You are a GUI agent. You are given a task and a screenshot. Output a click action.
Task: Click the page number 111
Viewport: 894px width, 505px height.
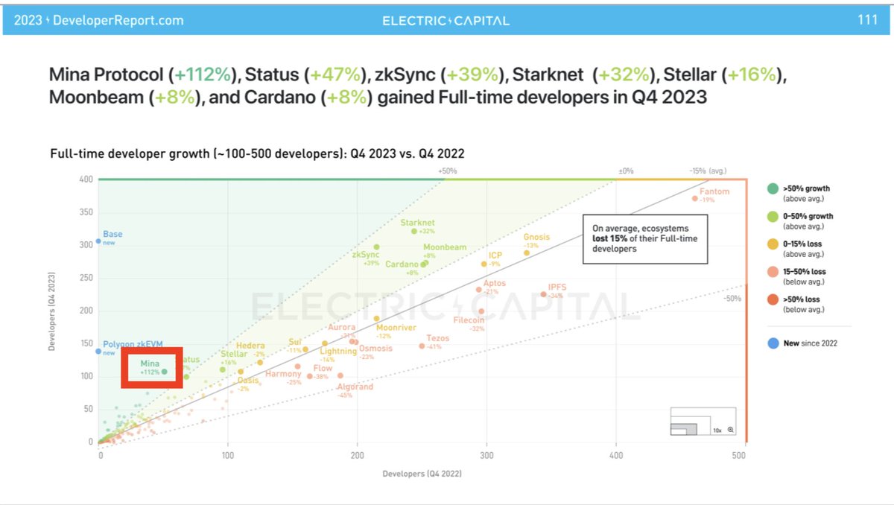point(867,20)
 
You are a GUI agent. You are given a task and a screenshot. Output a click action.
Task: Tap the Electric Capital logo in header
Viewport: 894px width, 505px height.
point(446,20)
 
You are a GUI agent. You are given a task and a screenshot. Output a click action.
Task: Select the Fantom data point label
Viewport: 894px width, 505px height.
point(714,191)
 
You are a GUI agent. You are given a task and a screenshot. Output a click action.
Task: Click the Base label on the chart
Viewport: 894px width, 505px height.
point(112,234)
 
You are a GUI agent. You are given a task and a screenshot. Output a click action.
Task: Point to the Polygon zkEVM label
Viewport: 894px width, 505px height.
point(133,344)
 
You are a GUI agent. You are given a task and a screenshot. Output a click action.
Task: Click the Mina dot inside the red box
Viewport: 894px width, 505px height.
point(165,371)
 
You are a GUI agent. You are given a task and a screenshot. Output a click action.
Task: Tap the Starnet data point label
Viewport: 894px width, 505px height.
point(417,223)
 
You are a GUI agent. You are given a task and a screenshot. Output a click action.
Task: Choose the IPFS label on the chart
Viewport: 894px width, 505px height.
point(557,287)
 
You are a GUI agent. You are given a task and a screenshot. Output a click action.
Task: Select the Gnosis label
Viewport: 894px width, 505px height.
point(536,237)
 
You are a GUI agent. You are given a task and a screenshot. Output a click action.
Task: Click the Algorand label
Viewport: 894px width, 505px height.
point(355,387)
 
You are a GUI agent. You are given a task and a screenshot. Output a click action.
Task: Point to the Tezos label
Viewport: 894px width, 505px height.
point(437,338)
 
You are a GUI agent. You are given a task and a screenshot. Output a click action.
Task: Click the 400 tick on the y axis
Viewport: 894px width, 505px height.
point(86,180)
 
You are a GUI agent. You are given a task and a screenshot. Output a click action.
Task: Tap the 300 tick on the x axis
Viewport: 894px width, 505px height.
point(486,454)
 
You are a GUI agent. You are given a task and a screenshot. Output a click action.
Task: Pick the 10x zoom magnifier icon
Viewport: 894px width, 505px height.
point(731,430)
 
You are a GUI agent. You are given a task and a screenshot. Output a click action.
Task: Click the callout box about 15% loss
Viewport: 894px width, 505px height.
point(645,238)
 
